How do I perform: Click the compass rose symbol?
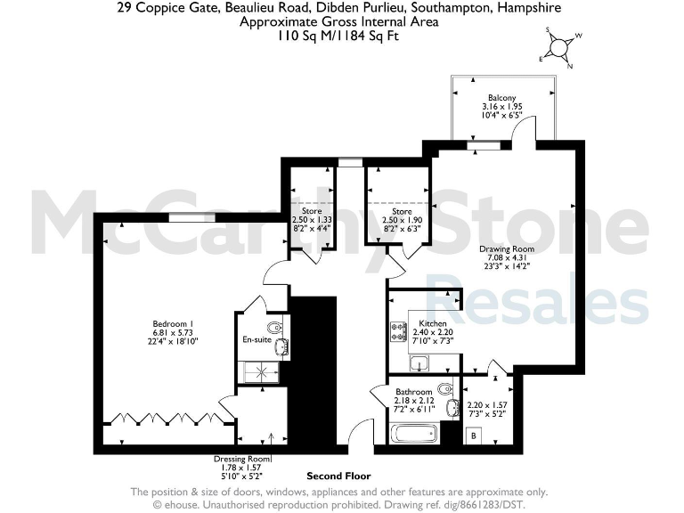[x=559, y=49]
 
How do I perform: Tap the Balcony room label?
[x=502, y=97]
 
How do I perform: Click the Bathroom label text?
[x=413, y=392]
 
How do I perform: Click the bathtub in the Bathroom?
[x=415, y=434]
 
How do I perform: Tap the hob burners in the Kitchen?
[x=397, y=331]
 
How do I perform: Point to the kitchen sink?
[x=420, y=362]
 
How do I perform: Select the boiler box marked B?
[x=474, y=435]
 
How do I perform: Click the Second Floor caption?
[x=338, y=476]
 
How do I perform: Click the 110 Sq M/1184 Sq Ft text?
[x=339, y=36]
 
